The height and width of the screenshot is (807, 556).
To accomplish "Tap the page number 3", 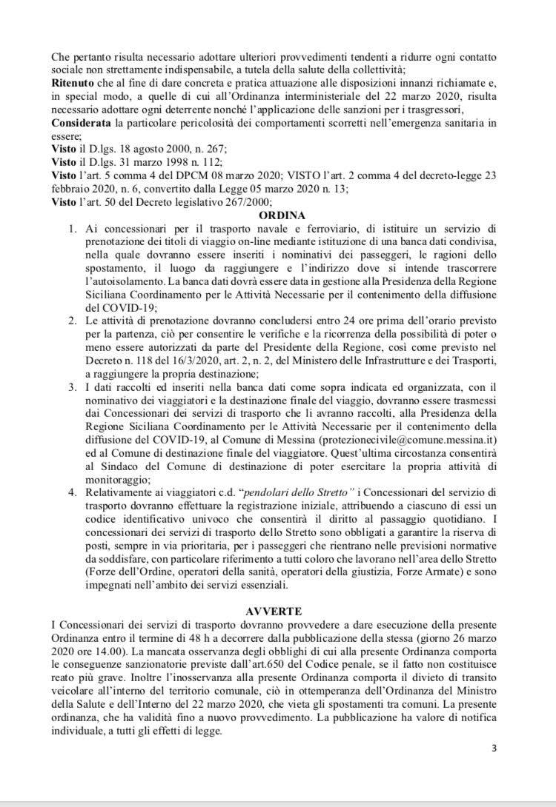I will [494, 748].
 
